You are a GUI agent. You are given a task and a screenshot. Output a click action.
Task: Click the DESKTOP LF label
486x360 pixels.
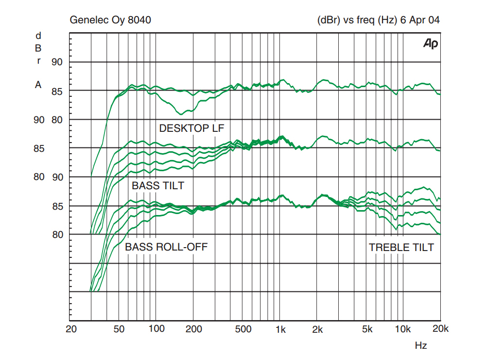tap(191, 128)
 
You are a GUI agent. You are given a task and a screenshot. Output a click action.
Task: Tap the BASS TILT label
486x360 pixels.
tap(158, 185)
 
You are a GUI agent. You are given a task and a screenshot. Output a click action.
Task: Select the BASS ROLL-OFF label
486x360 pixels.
tap(166, 247)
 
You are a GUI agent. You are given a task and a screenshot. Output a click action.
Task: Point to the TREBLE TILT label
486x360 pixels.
tap(401, 247)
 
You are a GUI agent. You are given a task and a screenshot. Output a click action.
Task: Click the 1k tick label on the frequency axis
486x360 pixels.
tap(280, 329)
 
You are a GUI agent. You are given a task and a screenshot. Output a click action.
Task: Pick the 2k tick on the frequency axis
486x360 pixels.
tap(318, 329)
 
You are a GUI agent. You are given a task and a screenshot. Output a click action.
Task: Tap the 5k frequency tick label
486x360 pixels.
tap(367, 329)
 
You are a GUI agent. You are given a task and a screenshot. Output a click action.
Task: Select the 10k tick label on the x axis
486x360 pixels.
tap(402, 329)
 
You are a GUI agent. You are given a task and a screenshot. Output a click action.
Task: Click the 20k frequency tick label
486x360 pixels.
tap(440, 329)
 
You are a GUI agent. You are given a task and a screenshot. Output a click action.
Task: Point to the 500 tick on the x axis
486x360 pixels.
tap(243, 329)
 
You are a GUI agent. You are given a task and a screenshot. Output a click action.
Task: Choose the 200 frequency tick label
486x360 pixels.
tap(193, 329)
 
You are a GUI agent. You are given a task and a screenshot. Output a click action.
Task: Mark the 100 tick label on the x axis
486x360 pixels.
tap(156, 329)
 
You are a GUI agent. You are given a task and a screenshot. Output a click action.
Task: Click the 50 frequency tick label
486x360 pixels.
tap(120, 329)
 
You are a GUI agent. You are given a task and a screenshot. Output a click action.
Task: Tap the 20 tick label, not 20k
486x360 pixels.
tap(71, 329)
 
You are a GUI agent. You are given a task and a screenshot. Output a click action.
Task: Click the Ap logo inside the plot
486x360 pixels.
tap(431, 44)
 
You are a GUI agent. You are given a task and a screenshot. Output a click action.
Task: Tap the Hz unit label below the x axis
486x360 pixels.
tap(421, 346)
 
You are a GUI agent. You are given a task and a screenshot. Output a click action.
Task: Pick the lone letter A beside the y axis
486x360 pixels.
tap(38, 85)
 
